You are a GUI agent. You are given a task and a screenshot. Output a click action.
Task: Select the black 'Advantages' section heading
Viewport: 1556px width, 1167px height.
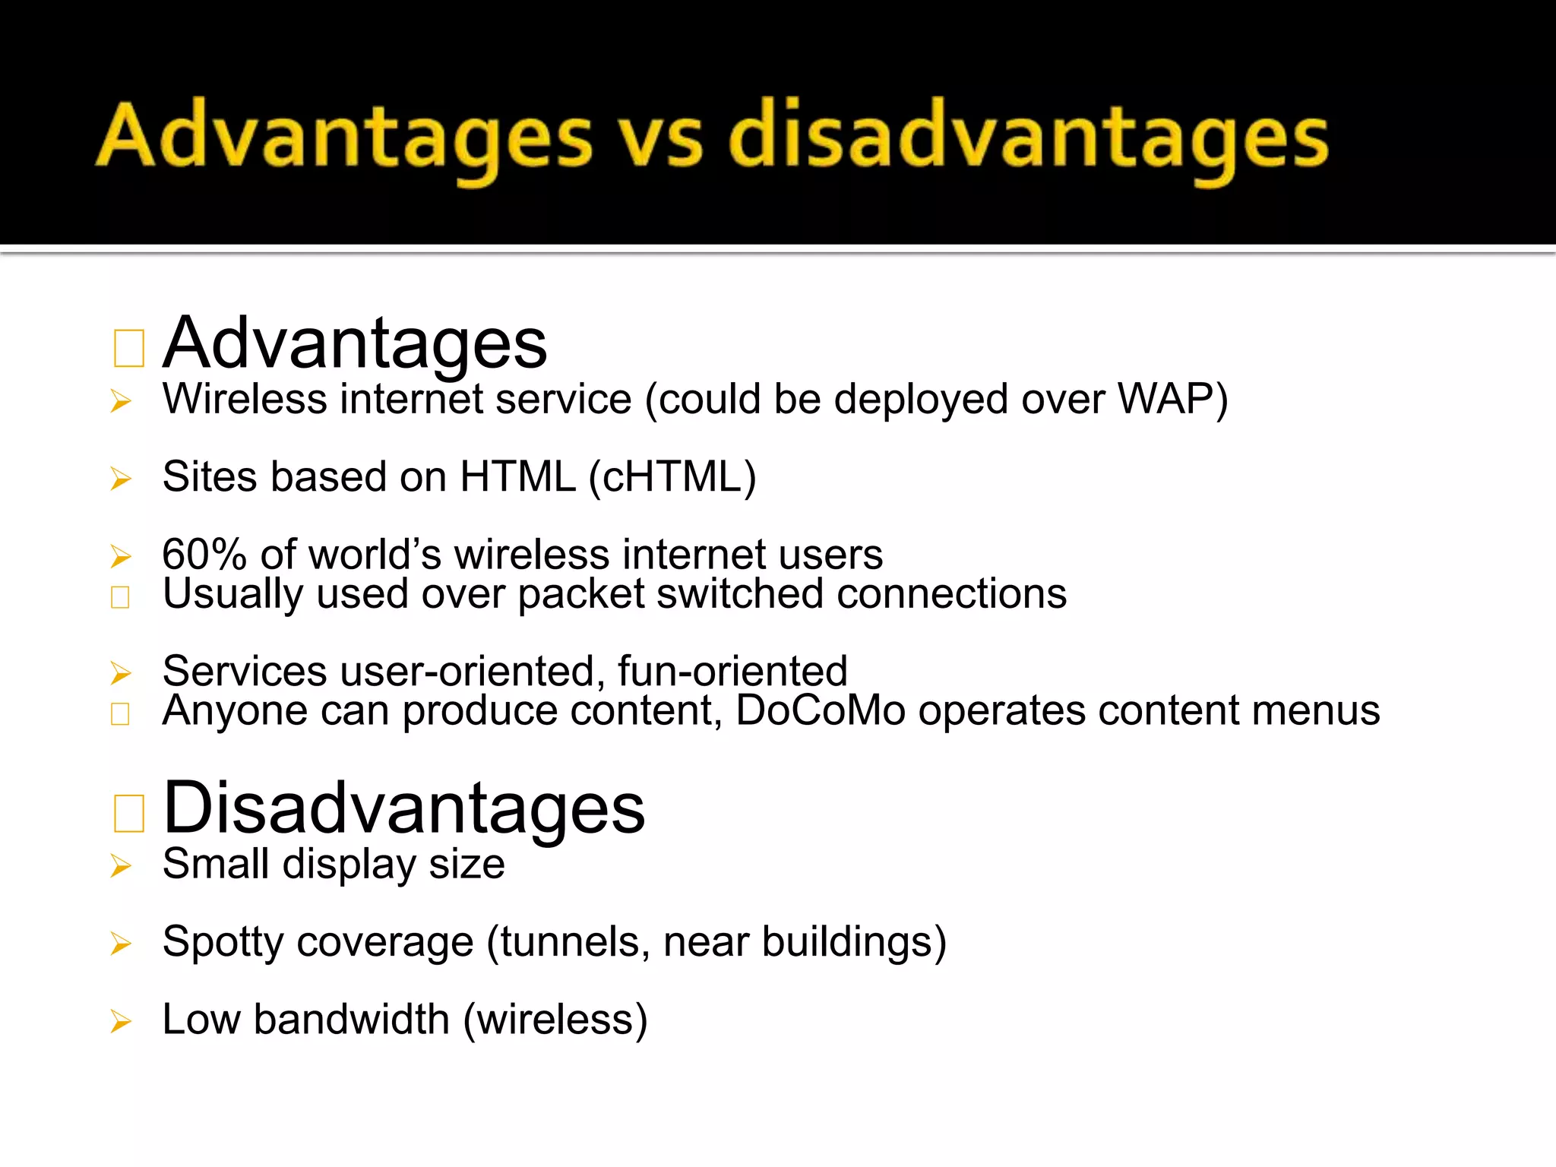click(x=355, y=343)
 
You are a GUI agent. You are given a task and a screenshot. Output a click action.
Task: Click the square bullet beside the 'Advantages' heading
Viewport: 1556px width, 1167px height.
click(x=128, y=349)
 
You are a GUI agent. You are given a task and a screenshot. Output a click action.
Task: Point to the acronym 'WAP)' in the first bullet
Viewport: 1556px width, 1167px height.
click(x=1173, y=399)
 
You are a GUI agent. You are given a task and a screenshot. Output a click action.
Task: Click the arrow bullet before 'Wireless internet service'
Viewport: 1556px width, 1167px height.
click(x=121, y=401)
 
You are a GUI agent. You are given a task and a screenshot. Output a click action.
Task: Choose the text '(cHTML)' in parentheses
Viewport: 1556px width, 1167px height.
click(x=672, y=477)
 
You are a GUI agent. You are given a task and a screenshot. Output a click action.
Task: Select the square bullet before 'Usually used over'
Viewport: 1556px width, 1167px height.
click(x=120, y=597)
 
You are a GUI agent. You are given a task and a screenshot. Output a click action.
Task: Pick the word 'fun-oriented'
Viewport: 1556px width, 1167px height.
click(x=732, y=671)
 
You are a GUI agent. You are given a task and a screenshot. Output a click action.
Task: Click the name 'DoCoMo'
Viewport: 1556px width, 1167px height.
click(x=821, y=711)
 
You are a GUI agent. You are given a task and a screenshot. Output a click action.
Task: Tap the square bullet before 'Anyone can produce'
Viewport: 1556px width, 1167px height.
click(x=120, y=713)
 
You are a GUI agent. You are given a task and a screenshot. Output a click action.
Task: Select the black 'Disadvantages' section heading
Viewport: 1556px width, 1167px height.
click(x=403, y=808)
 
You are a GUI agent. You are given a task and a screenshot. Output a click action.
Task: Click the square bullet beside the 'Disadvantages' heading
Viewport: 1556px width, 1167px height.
click(x=128, y=814)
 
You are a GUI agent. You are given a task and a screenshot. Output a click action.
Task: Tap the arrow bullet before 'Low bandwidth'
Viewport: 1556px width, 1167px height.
click(x=121, y=1021)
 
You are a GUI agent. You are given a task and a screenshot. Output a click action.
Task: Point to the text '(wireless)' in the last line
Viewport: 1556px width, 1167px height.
click(x=555, y=1020)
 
